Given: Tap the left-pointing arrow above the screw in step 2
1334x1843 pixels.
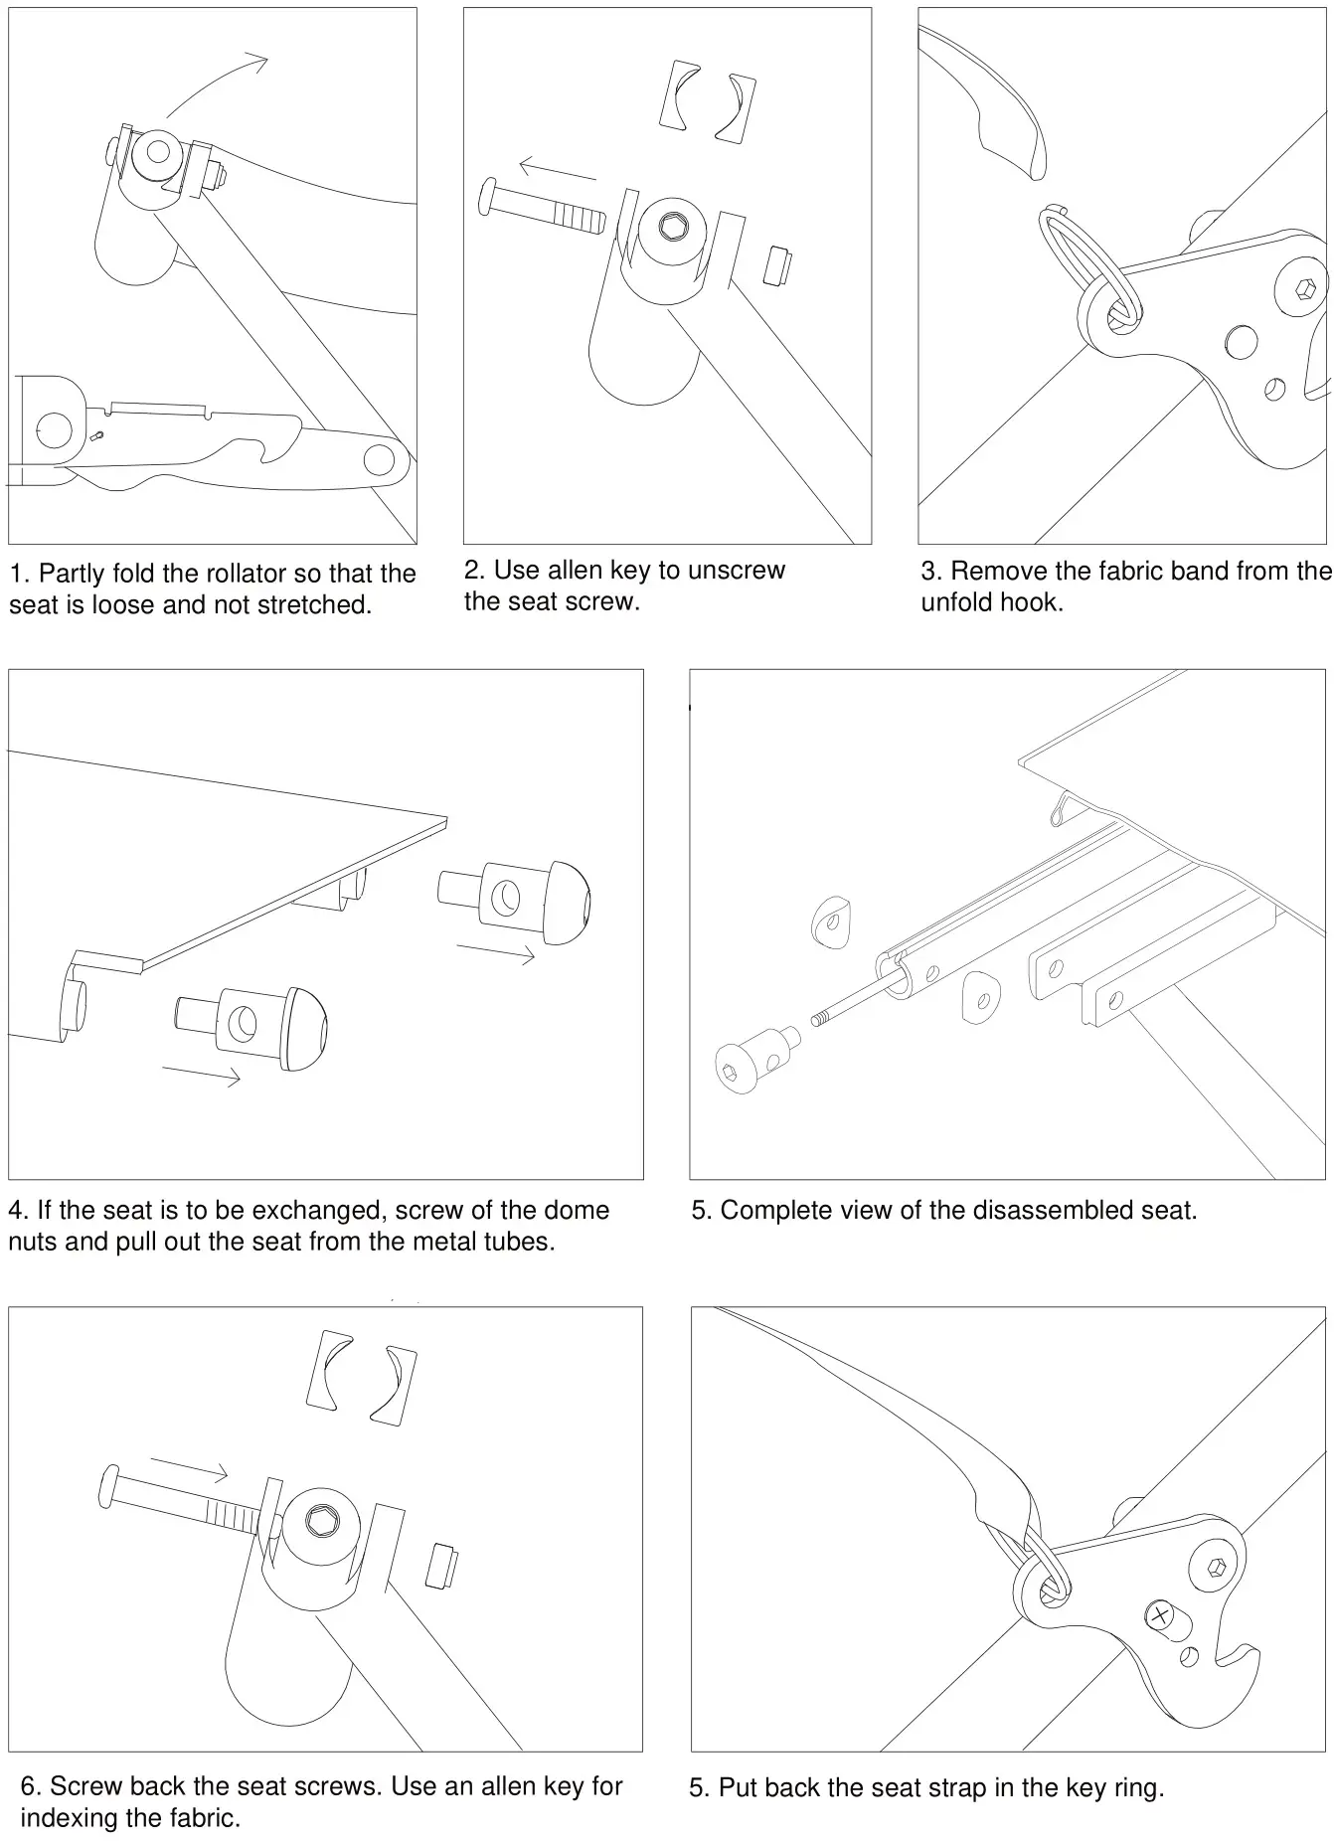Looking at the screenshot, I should pyautogui.click(x=557, y=169).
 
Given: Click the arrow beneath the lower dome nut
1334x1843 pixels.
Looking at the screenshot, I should pyautogui.click(x=201, y=1074).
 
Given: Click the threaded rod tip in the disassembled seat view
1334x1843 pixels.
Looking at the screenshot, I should pyautogui.click(x=820, y=1018).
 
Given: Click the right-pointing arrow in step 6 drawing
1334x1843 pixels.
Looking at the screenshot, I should pyautogui.click(x=189, y=1466).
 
